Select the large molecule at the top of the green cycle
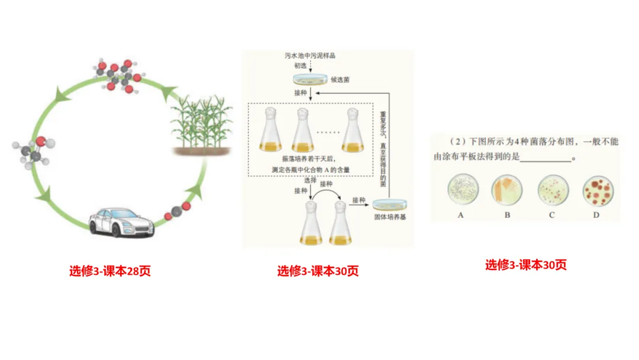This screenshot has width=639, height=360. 119,73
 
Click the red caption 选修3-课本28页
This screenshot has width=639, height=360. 110,271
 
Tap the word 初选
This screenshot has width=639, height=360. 301,66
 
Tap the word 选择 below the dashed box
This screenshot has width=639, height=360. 311,179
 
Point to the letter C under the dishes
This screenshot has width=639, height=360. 551,215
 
